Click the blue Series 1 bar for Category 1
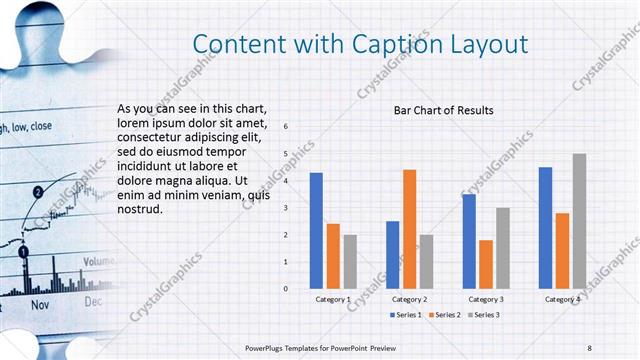[316, 230]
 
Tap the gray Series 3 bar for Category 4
[579, 221]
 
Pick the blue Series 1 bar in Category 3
[469, 241]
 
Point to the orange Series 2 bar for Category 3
[486, 264]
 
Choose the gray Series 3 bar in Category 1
[350, 261]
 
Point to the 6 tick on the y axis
[286, 127]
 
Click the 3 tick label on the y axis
[286, 208]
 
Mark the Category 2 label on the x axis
[409, 299]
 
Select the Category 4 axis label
[562, 299]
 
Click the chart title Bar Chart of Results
[443, 110]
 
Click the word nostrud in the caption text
[139, 210]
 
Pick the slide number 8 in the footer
[590, 347]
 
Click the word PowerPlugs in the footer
[267, 347]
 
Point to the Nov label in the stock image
[40, 303]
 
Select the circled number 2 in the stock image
[37, 191]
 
